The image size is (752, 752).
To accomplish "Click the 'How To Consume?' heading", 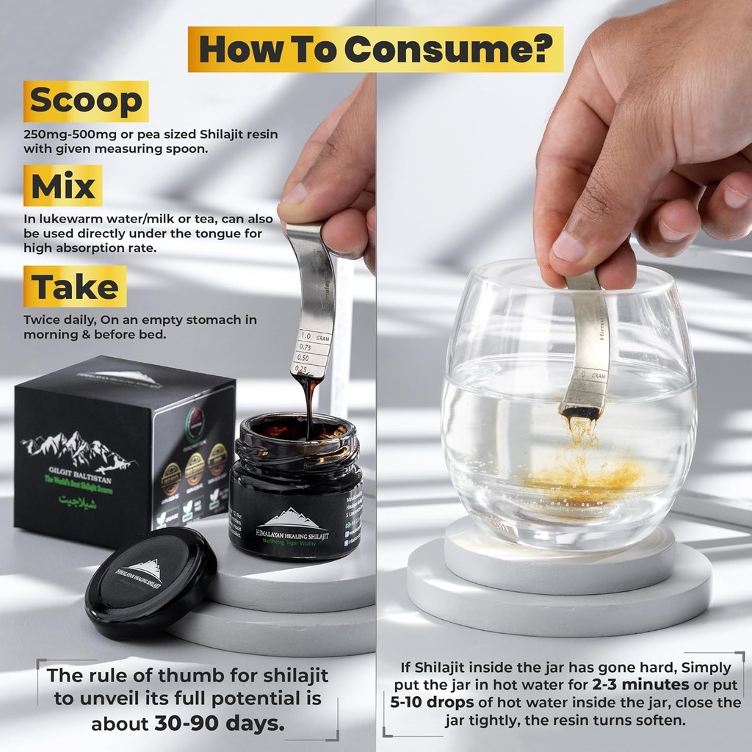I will [375, 49].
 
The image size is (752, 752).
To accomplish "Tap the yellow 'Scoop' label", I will [86, 101].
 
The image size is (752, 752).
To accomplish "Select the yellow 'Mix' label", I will [62, 186].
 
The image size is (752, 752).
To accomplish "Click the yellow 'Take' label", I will [74, 286].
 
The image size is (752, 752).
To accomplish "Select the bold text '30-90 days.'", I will [219, 723].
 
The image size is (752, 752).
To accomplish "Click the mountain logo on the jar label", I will [293, 519].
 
